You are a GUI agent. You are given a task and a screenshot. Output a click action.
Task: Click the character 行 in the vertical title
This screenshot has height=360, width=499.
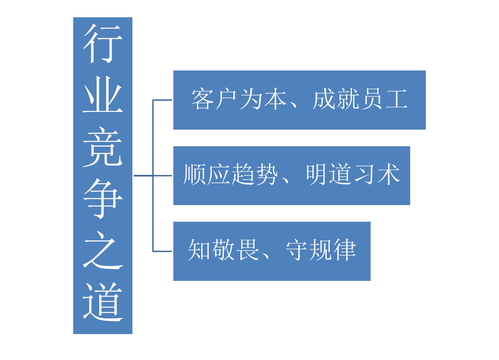103,44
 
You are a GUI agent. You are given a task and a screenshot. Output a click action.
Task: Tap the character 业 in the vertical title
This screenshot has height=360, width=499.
103,95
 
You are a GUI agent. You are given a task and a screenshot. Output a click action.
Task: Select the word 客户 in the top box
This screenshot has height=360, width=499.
214,99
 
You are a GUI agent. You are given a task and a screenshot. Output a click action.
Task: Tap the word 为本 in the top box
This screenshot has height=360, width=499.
263,99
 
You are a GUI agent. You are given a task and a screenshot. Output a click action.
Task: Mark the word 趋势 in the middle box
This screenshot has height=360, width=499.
255,175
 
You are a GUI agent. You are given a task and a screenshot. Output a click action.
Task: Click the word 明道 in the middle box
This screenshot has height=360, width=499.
329,175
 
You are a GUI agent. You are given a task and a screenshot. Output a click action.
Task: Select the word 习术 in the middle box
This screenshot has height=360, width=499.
377,175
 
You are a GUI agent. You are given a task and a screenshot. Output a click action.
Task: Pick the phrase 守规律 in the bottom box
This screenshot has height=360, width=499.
321,250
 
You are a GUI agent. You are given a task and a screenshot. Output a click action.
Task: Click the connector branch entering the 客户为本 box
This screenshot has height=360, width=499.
162,100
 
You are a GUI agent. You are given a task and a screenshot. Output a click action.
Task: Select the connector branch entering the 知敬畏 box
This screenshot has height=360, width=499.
162,251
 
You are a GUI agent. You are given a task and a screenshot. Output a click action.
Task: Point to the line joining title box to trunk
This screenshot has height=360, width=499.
143,176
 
